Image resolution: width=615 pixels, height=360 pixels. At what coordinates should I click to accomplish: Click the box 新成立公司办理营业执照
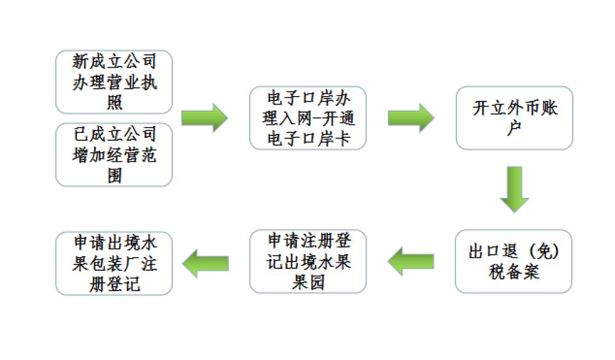pyautogui.click(x=114, y=82)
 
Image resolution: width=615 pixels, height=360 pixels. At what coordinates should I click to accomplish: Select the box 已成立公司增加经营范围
pyautogui.click(x=114, y=154)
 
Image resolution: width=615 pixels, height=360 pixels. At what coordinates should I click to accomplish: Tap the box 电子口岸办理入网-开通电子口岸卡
pyautogui.click(x=307, y=118)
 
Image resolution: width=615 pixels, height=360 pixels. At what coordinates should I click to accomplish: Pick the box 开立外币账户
pyautogui.click(x=514, y=118)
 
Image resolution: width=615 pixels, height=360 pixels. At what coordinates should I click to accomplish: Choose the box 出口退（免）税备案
pyautogui.click(x=514, y=261)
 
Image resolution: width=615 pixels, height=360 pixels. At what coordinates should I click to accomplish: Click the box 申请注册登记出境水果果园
pyautogui.click(x=307, y=261)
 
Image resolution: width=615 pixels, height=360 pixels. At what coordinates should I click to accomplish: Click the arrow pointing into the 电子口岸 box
pyautogui.click(x=204, y=118)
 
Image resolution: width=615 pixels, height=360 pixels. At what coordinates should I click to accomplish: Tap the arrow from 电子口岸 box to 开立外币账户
pyautogui.click(x=411, y=118)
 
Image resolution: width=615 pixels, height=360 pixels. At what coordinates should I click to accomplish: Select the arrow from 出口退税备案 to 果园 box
pyautogui.click(x=411, y=261)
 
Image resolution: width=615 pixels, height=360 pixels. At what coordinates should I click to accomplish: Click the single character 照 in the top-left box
pyautogui.click(x=114, y=102)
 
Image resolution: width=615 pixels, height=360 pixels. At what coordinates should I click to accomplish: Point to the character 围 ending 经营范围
pyautogui.click(x=114, y=175)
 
